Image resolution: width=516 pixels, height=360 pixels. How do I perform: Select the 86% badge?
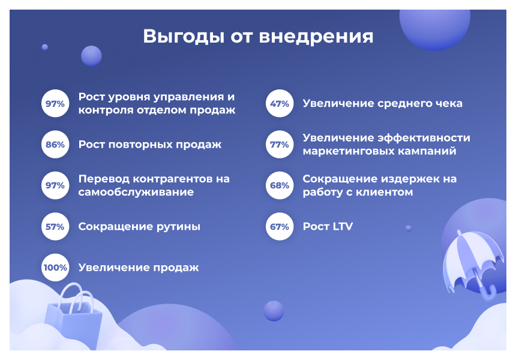[55, 145]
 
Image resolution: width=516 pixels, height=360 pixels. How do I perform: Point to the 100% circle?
[55, 268]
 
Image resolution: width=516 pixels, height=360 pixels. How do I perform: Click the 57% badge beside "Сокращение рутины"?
[55, 227]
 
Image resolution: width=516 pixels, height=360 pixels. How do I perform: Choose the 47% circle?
[280, 104]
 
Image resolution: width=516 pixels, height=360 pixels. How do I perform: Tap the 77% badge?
[280, 145]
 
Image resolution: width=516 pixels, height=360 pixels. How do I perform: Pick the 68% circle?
[280, 185]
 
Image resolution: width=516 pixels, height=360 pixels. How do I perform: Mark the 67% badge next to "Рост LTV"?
[280, 227]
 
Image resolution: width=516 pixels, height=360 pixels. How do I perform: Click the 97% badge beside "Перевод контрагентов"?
[55, 185]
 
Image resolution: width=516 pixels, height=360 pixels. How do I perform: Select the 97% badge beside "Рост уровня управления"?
[55, 104]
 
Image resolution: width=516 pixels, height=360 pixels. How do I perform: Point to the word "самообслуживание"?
[136, 193]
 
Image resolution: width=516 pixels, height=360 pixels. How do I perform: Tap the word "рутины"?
[178, 227]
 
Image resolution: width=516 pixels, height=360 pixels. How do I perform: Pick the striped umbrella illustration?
[471, 258]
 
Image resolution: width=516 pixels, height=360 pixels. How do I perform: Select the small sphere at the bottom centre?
[274, 311]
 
